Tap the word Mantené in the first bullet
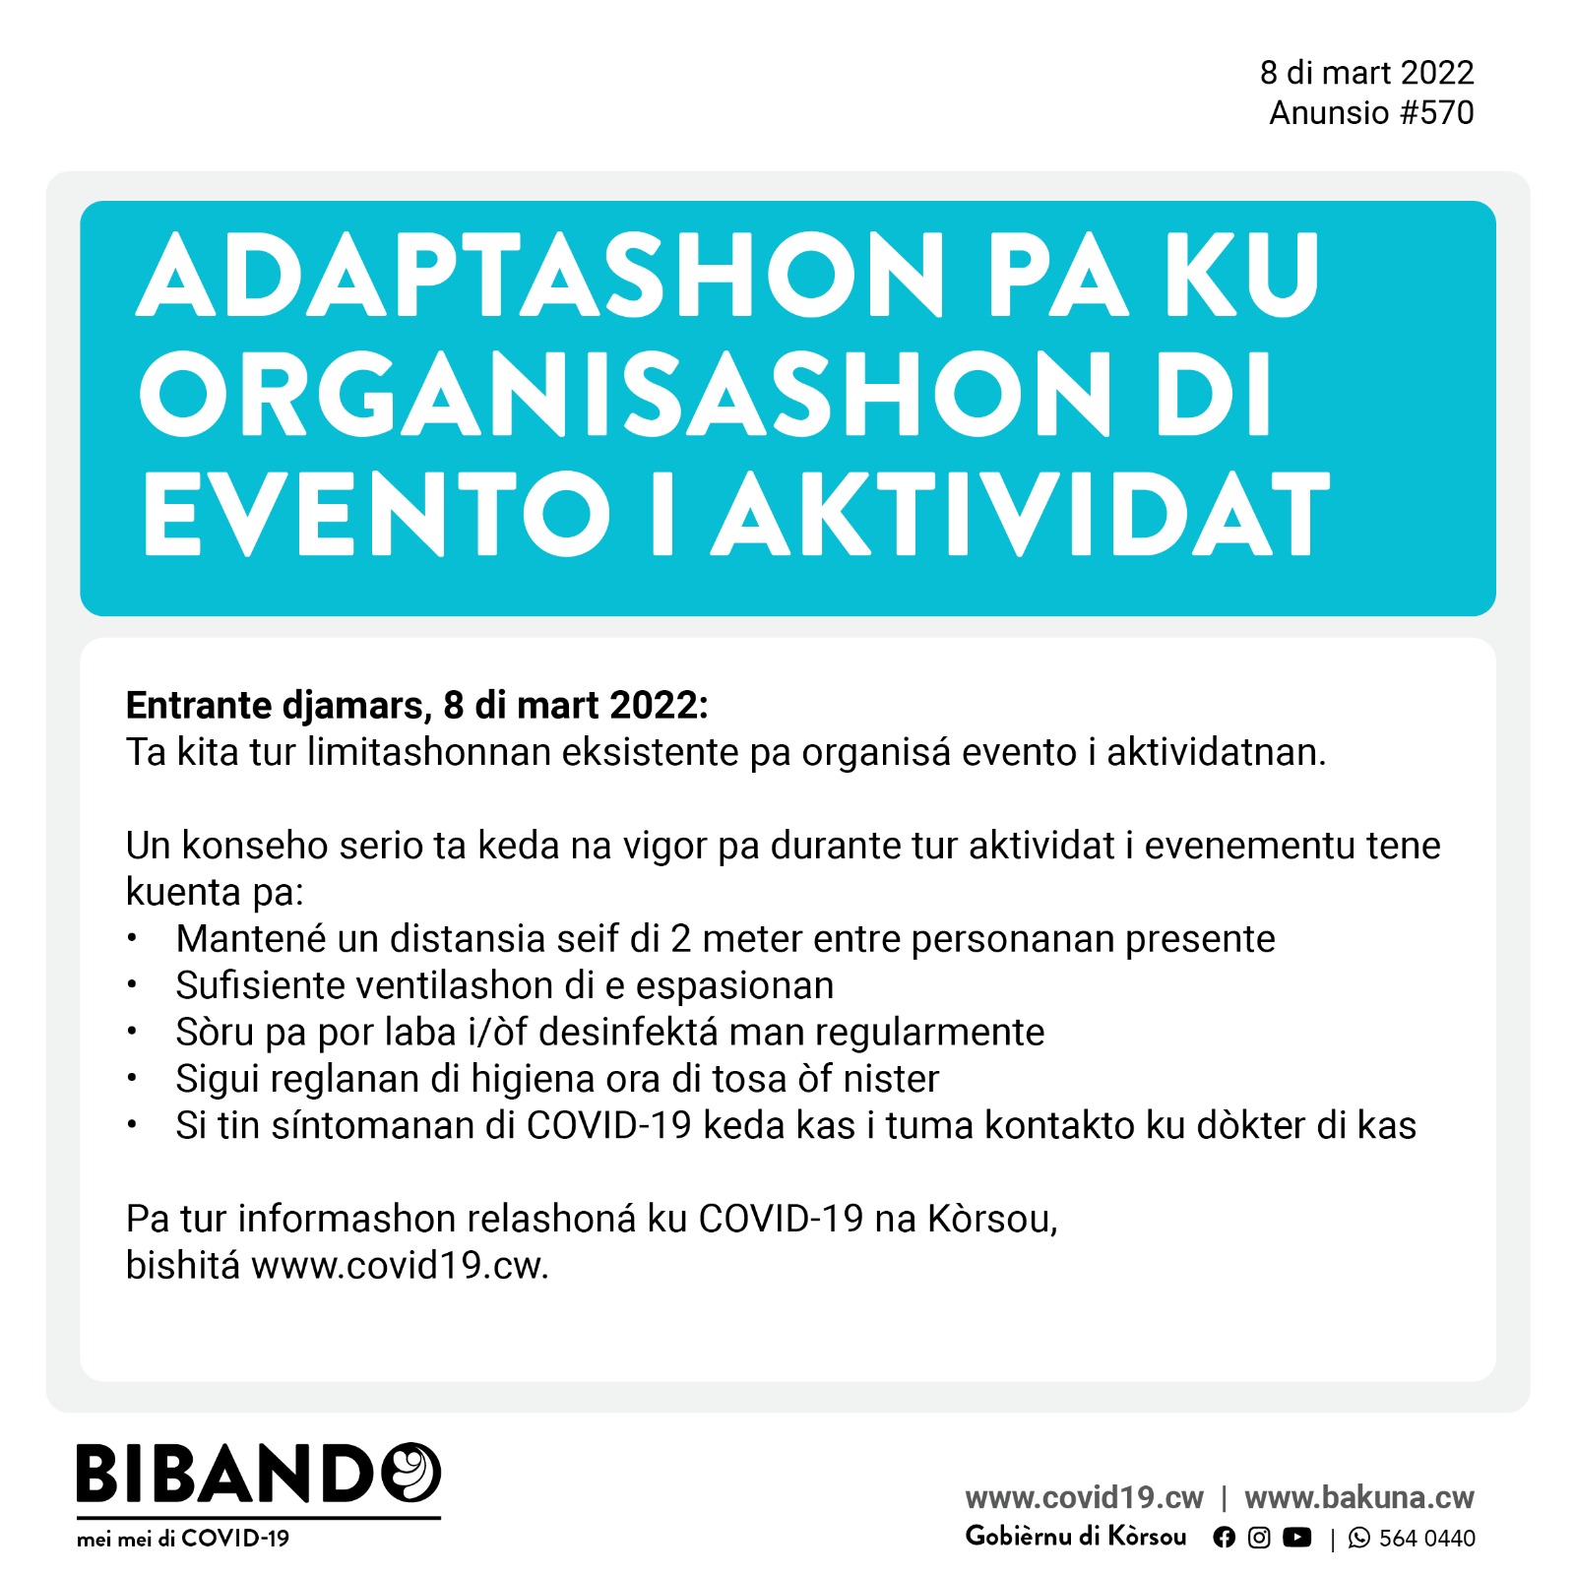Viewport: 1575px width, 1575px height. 250,939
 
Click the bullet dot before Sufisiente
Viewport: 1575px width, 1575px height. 132,985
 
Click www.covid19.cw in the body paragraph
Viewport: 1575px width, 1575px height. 399,1266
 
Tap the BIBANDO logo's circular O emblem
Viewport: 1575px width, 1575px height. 410,1473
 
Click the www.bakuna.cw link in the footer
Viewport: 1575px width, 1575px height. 1358,1497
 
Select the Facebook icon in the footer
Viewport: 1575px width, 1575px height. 1224,1538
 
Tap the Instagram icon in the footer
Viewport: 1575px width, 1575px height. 1259,1538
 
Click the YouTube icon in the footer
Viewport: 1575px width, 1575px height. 1297,1538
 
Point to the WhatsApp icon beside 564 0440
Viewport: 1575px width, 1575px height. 1358,1538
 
